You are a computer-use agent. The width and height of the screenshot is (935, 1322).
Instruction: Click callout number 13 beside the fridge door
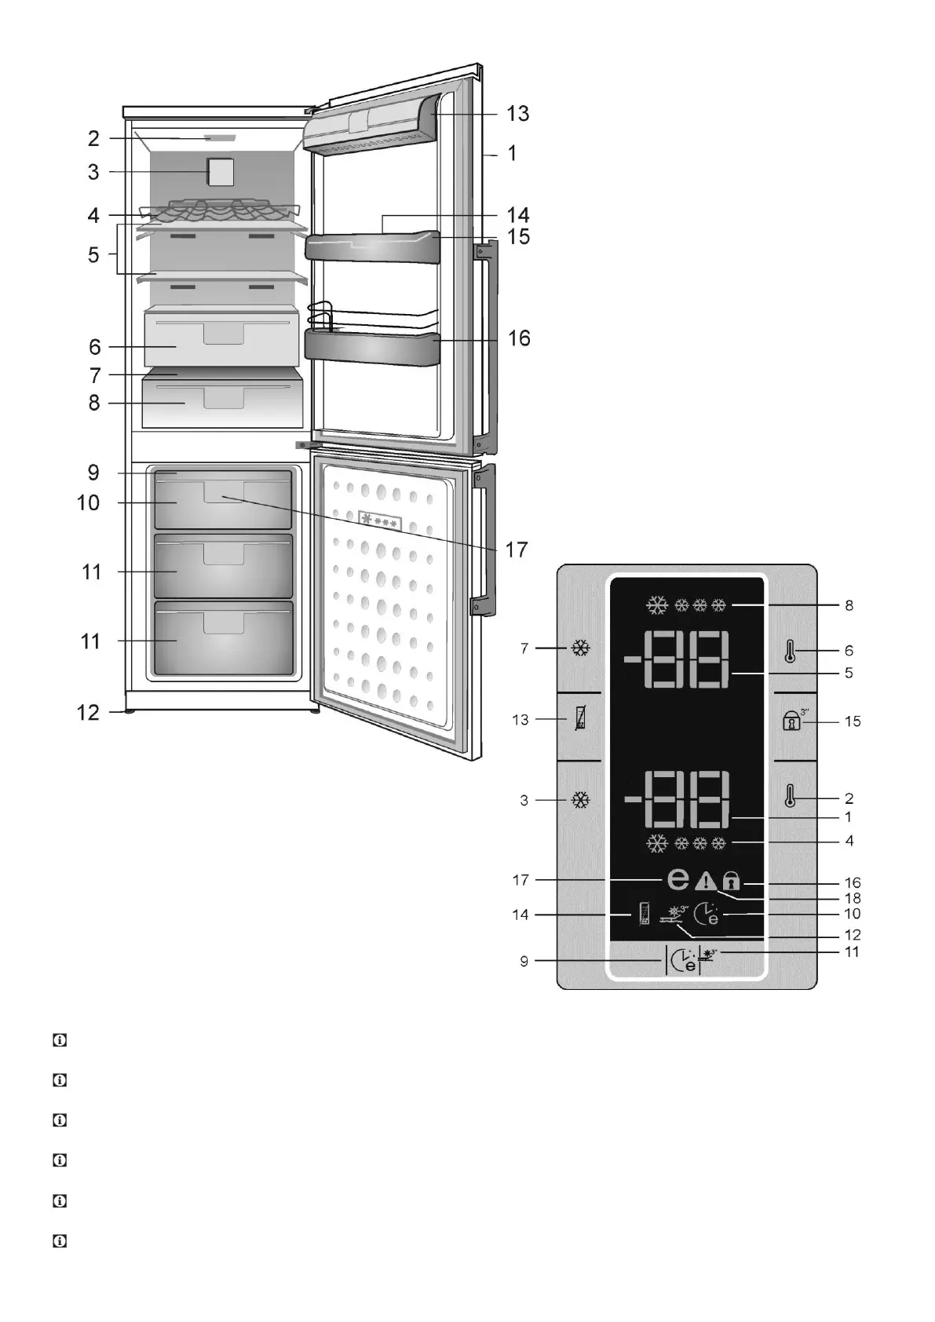tap(517, 114)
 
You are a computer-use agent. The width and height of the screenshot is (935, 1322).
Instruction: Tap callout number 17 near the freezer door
tap(516, 550)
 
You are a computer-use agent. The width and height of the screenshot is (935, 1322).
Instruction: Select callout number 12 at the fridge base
tap(89, 713)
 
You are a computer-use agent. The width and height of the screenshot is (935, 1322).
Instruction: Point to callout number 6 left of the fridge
tap(94, 346)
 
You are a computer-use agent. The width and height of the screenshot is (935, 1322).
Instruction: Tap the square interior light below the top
tap(221, 172)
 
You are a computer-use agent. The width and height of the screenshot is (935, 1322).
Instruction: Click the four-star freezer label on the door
tap(380, 522)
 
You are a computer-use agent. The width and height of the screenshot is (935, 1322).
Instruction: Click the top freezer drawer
tap(223, 499)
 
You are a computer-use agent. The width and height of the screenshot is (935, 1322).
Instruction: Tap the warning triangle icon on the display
tap(706, 881)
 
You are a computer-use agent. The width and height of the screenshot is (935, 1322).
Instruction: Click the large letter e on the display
tap(678, 879)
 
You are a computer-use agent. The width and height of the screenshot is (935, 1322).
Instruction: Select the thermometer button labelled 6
tap(791, 651)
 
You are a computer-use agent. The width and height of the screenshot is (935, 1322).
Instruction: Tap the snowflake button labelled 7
tap(581, 649)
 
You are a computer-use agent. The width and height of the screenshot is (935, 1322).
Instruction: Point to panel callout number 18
tap(852, 897)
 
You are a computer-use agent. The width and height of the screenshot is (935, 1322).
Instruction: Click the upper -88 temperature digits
tap(678, 659)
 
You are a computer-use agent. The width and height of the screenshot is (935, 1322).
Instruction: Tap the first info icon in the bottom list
tap(59, 1041)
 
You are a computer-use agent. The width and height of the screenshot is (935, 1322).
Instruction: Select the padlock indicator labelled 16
tap(731, 881)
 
